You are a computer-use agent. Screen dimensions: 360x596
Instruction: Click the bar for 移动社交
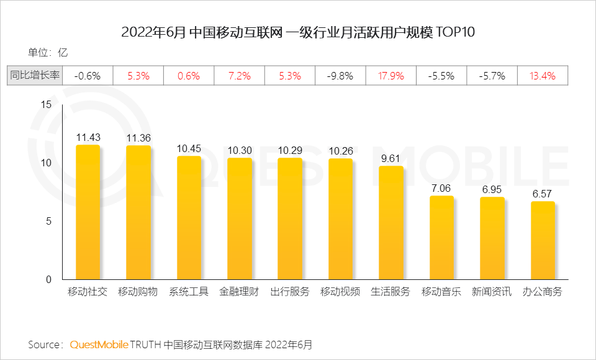pyautogui.click(x=88, y=212)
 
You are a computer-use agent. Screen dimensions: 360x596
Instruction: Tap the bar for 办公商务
pyautogui.click(x=542, y=240)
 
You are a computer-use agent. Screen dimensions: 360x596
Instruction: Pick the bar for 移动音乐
pyautogui.click(x=441, y=238)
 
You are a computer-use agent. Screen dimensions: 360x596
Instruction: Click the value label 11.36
pyautogui.click(x=138, y=138)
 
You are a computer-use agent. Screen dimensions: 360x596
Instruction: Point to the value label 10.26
pyautogui.click(x=340, y=151)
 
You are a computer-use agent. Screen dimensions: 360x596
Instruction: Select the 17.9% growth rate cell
pyautogui.click(x=391, y=76)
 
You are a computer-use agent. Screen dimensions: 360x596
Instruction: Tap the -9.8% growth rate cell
pyautogui.click(x=340, y=76)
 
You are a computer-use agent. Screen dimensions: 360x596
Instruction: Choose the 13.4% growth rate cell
pyautogui.click(x=543, y=76)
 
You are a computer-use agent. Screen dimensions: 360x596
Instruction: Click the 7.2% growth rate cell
pyautogui.click(x=239, y=76)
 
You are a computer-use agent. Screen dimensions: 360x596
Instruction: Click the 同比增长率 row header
pyautogui.click(x=35, y=76)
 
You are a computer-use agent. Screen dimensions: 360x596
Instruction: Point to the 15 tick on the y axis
pyautogui.click(x=46, y=105)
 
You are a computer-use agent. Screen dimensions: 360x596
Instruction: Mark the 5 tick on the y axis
pyautogui.click(x=49, y=222)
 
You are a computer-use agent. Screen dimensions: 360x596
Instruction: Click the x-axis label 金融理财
pyautogui.click(x=239, y=292)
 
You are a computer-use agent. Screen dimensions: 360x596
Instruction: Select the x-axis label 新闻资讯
pyautogui.click(x=492, y=292)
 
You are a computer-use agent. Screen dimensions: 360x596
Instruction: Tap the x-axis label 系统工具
pyautogui.click(x=189, y=292)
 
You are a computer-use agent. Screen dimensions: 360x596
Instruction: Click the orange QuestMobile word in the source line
pyautogui.click(x=99, y=344)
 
